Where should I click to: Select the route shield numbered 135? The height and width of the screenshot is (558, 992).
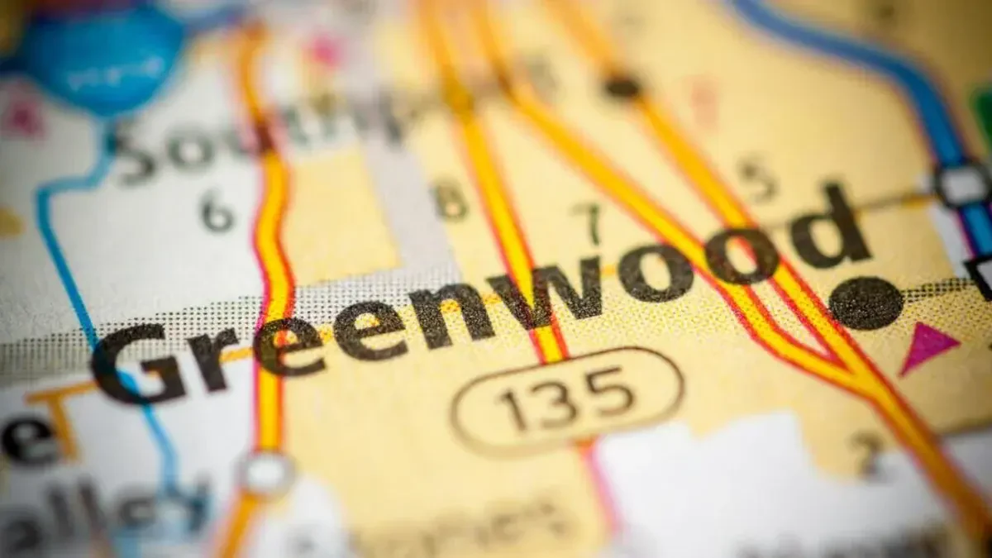pos(567,400)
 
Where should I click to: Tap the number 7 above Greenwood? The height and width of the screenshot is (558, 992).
pos(588,222)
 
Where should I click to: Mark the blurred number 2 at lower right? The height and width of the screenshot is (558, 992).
pos(868,453)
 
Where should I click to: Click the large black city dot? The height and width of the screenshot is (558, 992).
pos(866,303)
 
